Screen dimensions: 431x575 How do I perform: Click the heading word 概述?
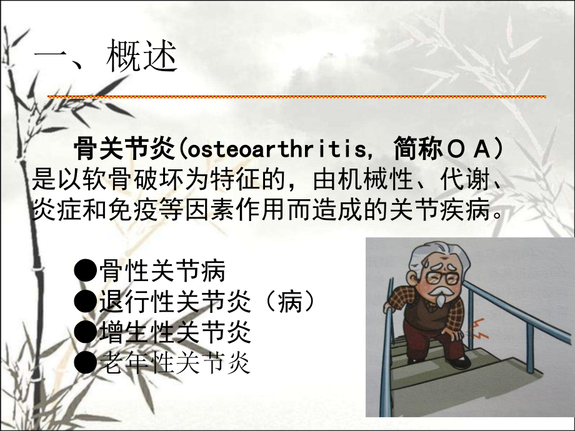[x=142, y=58]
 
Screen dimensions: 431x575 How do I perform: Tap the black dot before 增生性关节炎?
[x=86, y=332]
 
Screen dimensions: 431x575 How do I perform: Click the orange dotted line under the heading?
[x=297, y=97]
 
